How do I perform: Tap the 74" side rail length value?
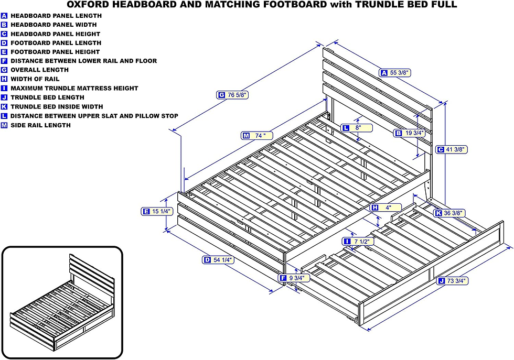tap(261, 135)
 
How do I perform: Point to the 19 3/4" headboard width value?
tap(414, 133)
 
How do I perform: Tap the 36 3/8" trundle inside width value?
tap(452, 213)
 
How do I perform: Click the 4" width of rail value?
tap(389, 208)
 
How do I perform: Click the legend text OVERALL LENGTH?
tap(39, 70)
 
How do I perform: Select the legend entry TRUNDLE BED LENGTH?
tap(47, 97)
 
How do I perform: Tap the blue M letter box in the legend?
tap(4, 125)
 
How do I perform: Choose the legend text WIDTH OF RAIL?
tap(35, 79)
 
